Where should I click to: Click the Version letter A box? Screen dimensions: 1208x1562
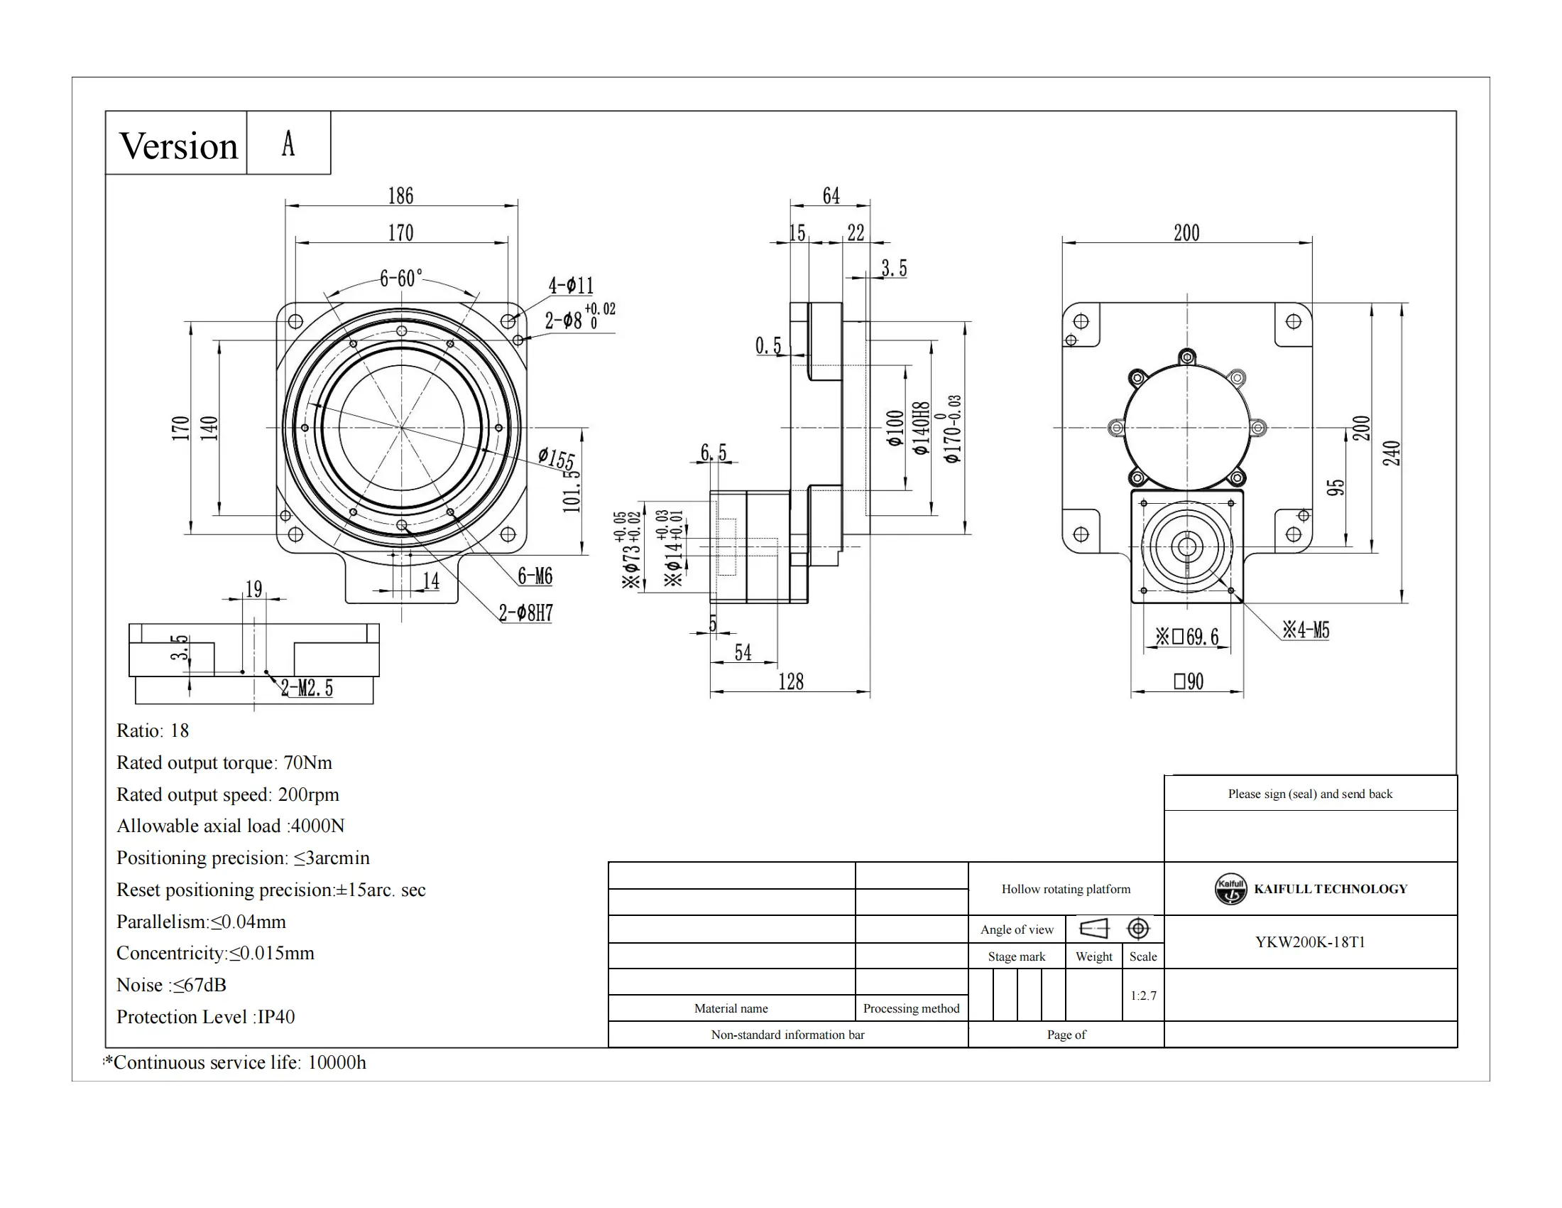pyautogui.click(x=288, y=143)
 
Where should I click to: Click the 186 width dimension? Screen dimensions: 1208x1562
pyautogui.click(x=400, y=195)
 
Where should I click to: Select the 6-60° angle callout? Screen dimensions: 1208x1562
pyautogui.click(x=400, y=278)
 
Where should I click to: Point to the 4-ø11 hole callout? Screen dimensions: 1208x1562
pyautogui.click(x=571, y=286)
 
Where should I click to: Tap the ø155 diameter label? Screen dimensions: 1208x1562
pyautogui.click(x=557, y=458)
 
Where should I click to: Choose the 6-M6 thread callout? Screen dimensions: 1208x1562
pyautogui.click(x=535, y=576)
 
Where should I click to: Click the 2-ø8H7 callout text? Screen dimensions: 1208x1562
pyautogui.click(x=525, y=613)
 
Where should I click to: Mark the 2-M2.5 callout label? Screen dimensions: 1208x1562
pyautogui.click(x=307, y=689)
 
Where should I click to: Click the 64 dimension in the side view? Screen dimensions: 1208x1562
pyautogui.click(x=831, y=195)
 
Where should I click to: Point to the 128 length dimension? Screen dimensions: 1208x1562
pyautogui.click(x=790, y=681)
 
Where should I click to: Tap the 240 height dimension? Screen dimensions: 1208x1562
pyautogui.click(x=1391, y=453)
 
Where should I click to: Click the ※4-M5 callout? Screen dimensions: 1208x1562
pyautogui.click(x=1306, y=630)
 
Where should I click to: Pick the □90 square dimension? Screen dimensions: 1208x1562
pyautogui.click(x=1188, y=681)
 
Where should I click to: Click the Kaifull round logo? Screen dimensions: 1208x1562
pyautogui.click(x=1230, y=889)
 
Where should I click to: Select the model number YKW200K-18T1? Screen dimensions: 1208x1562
pyautogui.click(x=1309, y=942)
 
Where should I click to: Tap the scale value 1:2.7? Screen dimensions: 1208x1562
pyautogui.click(x=1143, y=996)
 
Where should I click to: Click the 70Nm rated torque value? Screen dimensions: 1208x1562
pyautogui.click(x=307, y=763)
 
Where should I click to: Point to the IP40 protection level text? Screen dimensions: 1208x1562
pyautogui.click(x=276, y=1017)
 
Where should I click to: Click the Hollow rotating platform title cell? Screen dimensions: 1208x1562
pyautogui.click(x=1066, y=889)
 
